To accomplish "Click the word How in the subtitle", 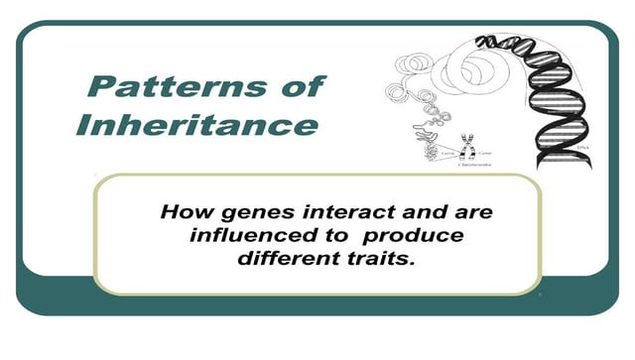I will (x=185, y=212).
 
